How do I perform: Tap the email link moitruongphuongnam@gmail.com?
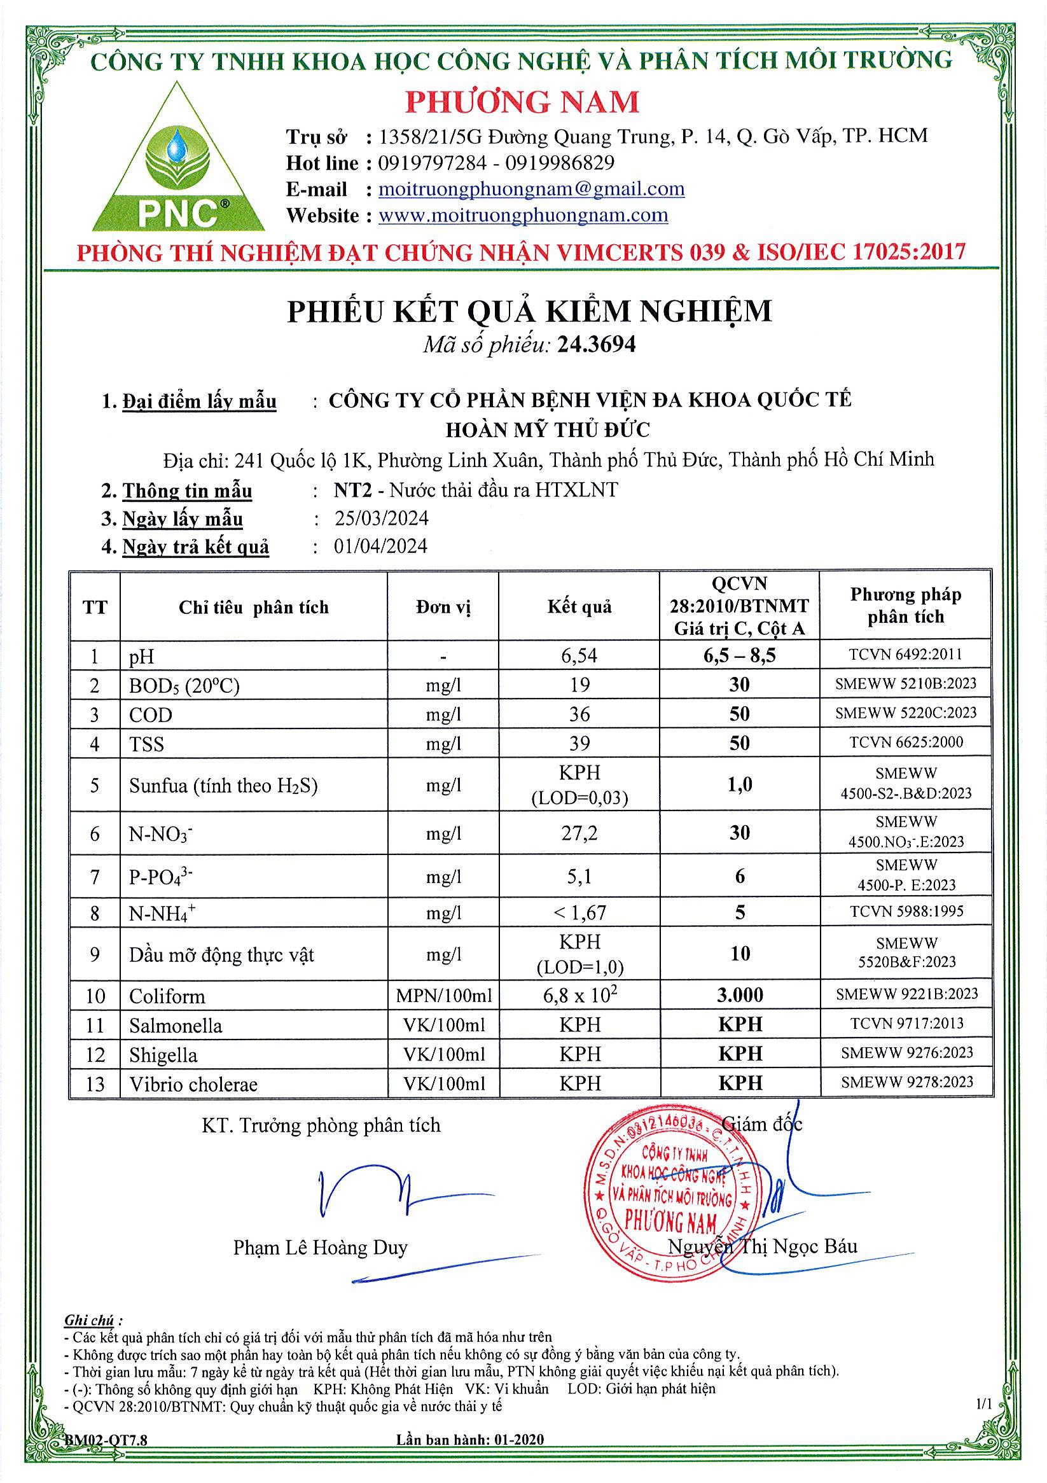point(531,189)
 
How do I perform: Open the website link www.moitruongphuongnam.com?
point(522,215)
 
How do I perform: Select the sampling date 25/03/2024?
point(381,519)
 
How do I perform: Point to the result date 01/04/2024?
point(380,547)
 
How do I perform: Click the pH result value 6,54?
point(579,655)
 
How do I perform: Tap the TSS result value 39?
point(579,744)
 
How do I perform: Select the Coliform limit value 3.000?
point(740,995)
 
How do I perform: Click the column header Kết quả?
point(579,606)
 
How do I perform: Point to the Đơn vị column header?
point(443,607)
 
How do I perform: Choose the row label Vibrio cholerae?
point(193,1085)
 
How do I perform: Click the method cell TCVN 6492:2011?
point(906,654)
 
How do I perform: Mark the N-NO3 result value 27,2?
point(579,833)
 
